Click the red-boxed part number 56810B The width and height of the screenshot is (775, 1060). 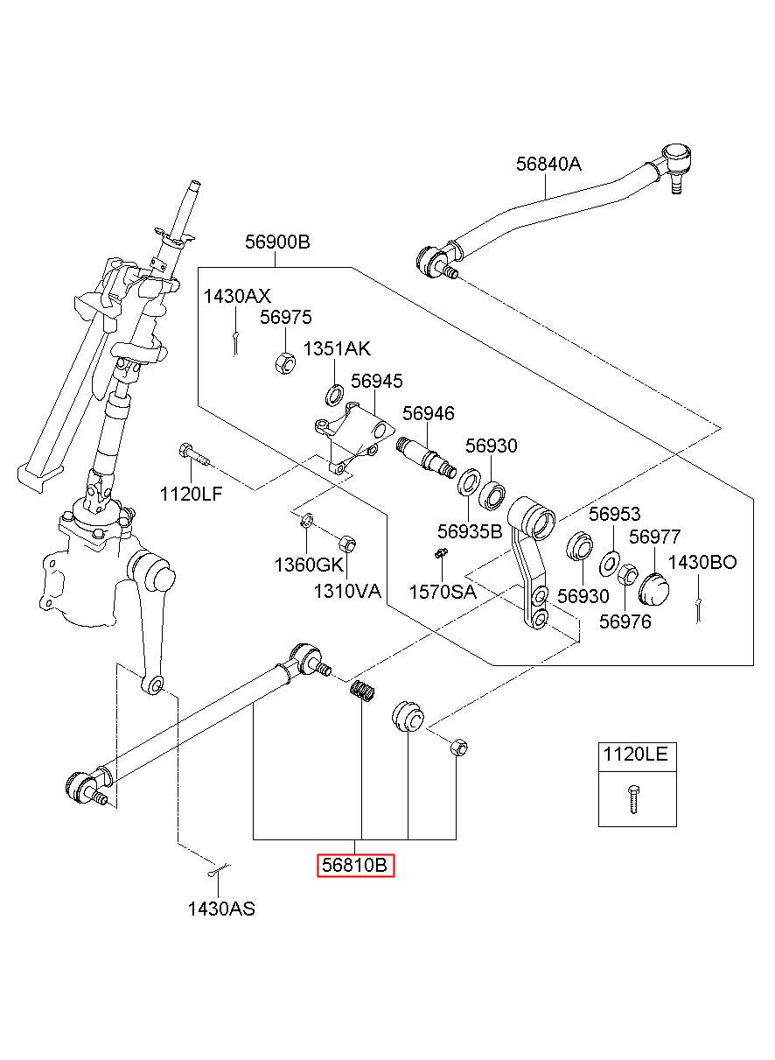click(x=355, y=866)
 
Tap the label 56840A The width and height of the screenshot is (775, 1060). click(x=548, y=164)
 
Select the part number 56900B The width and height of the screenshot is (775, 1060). click(x=277, y=242)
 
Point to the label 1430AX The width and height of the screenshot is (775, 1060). click(x=237, y=296)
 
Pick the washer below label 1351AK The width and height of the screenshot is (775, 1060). click(x=334, y=396)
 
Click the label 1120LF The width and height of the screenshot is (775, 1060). click(x=191, y=494)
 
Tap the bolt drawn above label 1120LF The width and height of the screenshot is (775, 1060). click(x=193, y=453)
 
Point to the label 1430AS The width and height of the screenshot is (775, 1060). click(x=221, y=909)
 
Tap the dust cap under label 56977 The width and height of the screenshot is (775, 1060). click(x=653, y=586)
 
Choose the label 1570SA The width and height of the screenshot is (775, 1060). click(x=443, y=592)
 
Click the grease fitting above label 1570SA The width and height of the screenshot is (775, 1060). click(x=441, y=553)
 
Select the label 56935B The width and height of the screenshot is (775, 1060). click(x=470, y=530)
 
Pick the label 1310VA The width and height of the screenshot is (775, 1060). click(x=347, y=591)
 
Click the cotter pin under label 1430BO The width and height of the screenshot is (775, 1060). click(x=700, y=610)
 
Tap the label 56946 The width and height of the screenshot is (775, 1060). click(x=429, y=413)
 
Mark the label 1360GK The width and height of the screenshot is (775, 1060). click(x=309, y=565)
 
